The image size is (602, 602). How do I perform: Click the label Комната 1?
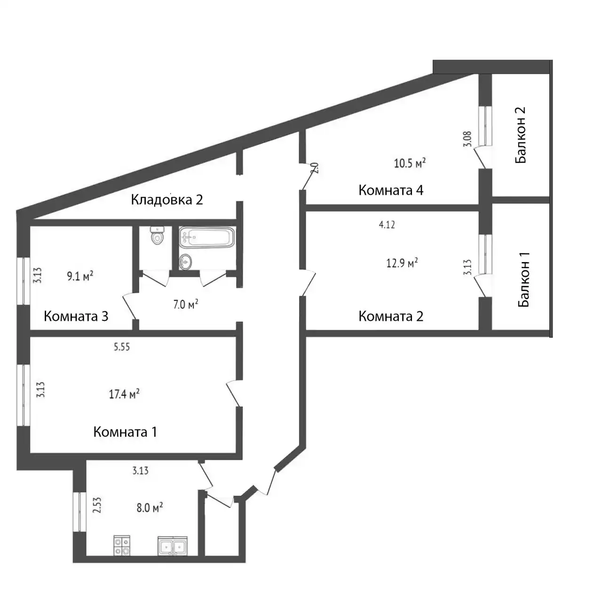[x=125, y=432]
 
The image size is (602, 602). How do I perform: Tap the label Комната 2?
[x=391, y=316]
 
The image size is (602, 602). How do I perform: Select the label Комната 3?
[x=76, y=316]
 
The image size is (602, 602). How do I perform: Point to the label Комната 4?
[x=391, y=190]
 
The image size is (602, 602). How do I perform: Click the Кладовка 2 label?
[x=166, y=200]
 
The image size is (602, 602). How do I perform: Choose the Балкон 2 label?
[x=521, y=135]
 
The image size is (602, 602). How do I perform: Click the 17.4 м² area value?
[x=124, y=394]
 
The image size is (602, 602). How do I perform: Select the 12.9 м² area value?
[x=402, y=263]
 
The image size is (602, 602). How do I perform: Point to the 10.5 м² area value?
[x=410, y=163]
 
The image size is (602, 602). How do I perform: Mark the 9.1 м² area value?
[x=80, y=276]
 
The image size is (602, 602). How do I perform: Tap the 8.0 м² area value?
[x=150, y=507]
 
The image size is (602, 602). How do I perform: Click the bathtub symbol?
[x=206, y=238]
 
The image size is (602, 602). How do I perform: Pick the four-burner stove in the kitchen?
[x=122, y=546]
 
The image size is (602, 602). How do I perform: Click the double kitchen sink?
[x=173, y=546]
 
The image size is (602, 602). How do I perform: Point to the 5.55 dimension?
[x=122, y=347]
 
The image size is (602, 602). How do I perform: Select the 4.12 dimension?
[x=387, y=225]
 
